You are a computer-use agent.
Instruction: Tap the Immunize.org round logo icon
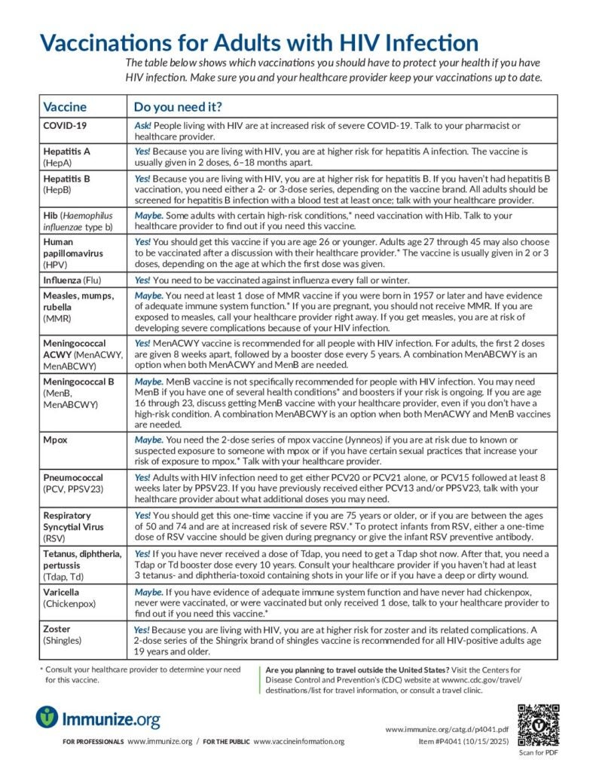pyautogui.click(x=47, y=717)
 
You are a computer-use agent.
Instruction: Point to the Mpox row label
pyautogui.click(x=57, y=439)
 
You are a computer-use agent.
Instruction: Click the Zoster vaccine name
pyautogui.click(x=58, y=629)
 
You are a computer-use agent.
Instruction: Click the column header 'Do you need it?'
pyautogui.click(x=178, y=106)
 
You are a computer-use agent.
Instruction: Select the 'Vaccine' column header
pyautogui.click(x=65, y=106)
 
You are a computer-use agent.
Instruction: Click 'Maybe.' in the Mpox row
pyautogui.click(x=148, y=439)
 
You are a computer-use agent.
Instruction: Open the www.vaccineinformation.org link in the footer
pyautogui.click(x=298, y=741)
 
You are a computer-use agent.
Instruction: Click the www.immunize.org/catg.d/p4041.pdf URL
pyautogui.click(x=447, y=730)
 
